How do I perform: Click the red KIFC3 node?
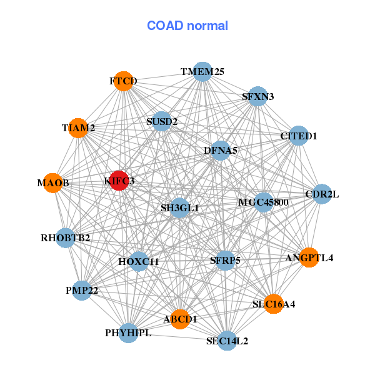(119, 181)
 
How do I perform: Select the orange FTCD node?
(123, 81)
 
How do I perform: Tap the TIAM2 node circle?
(78, 128)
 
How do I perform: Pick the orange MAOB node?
(53, 183)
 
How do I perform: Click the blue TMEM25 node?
(202, 72)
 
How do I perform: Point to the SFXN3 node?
(257, 96)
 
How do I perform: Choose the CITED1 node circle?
(299, 136)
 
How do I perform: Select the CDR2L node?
(322, 194)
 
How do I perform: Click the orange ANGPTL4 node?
(309, 257)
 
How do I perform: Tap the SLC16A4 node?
(273, 304)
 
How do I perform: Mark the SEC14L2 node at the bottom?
(227, 341)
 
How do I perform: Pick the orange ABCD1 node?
(180, 319)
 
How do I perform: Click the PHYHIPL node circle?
(128, 332)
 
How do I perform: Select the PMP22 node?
(82, 290)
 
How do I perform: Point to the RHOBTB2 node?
(66, 237)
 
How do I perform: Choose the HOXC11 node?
(139, 261)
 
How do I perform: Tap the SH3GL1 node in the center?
(179, 207)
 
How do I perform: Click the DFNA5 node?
(221, 151)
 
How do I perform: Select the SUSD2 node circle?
(162, 121)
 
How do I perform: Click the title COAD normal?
(187, 26)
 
